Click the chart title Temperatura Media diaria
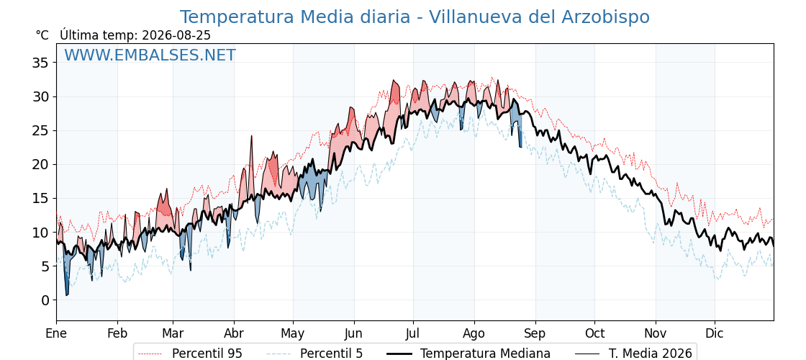(x=295, y=17)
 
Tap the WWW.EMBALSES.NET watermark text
(x=150, y=55)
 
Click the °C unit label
(x=42, y=35)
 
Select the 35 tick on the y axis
(x=40, y=63)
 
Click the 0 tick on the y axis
(x=45, y=300)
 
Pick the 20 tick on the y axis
(x=40, y=165)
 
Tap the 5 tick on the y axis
(x=45, y=266)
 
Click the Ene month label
(x=56, y=333)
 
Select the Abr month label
(x=234, y=333)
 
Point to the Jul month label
(x=413, y=333)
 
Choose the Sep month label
(x=535, y=333)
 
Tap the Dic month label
(x=715, y=333)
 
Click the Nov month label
(x=656, y=333)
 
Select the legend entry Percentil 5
(x=314, y=354)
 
